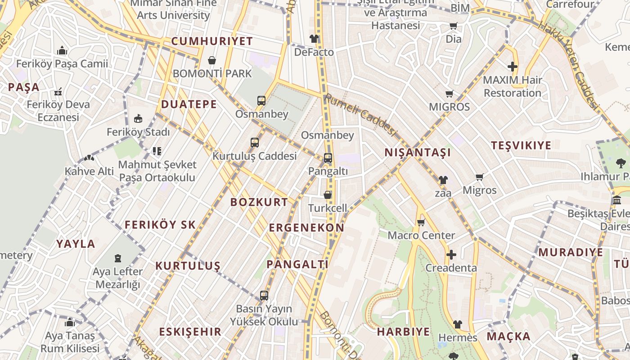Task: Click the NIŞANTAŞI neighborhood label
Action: (x=418, y=153)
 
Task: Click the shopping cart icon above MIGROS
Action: (x=449, y=94)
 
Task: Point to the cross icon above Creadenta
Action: (x=451, y=255)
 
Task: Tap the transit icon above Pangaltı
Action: (x=328, y=158)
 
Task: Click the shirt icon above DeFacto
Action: (x=314, y=39)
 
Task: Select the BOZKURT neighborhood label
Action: (x=259, y=202)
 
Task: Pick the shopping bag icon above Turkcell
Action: (x=328, y=195)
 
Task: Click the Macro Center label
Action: (x=421, y=235)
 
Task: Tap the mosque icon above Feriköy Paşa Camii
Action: (x=62, y=50)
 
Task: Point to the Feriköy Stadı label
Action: (x=138, y=132)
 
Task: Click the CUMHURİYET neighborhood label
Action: (x=212, y=41)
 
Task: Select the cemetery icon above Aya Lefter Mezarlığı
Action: (x=117, y=258)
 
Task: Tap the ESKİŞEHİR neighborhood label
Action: (x=190, y=332)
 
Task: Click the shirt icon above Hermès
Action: (x=457, y=324)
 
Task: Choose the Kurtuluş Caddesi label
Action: (x=254, y=156)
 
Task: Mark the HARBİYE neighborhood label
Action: (x=403, y=332)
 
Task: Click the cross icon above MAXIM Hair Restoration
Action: (x=512, y=67)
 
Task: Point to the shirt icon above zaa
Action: (x=443, y=180)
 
